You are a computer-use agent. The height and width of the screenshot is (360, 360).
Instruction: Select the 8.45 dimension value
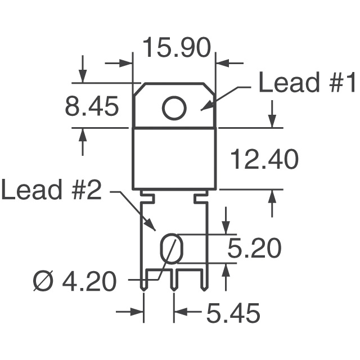tap(92, 106)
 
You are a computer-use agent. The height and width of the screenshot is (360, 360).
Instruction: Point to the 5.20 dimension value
tap(254, 248)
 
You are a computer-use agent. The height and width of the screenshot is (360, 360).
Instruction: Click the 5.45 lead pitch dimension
tap(233, 313)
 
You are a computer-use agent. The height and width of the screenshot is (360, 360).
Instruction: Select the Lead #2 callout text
tap(51, 190)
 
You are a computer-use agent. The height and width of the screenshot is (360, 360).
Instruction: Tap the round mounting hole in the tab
tap(174, 107)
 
